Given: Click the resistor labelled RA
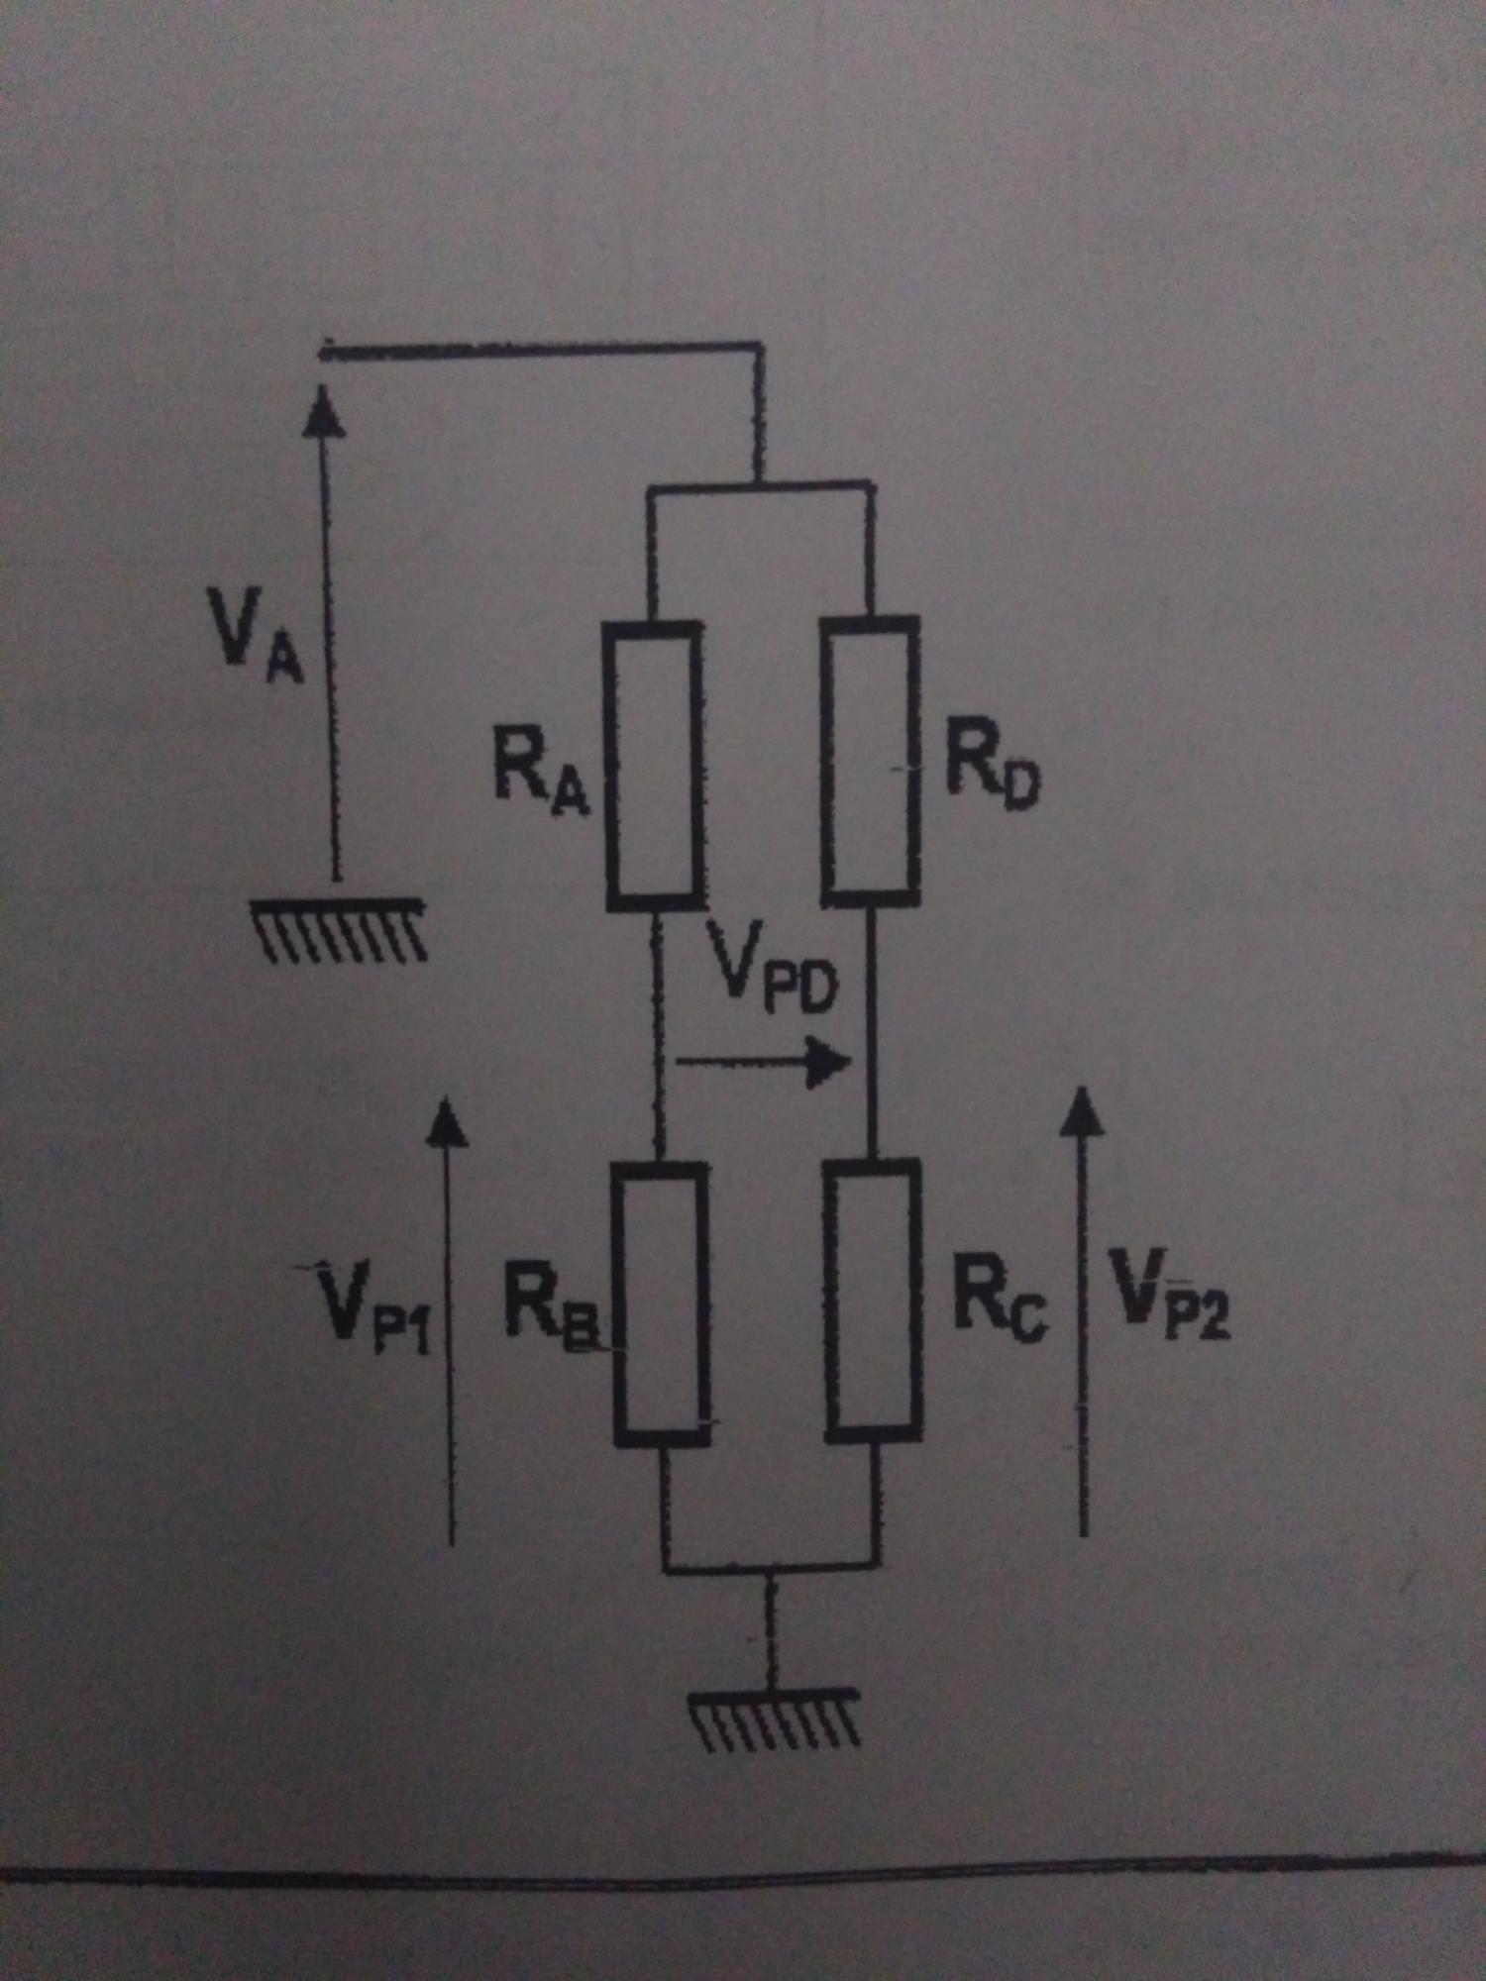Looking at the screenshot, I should pos(654,765).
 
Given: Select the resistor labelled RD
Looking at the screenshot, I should pos(871,761).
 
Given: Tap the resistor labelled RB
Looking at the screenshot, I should pos(661,1303).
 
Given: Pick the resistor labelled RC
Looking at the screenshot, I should pos(873,1300).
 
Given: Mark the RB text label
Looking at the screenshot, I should pos(551,1309).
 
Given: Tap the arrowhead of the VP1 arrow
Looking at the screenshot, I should pos(448,1123).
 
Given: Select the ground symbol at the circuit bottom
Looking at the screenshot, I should pos(774,1720).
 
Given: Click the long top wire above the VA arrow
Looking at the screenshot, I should pos(540,350).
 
